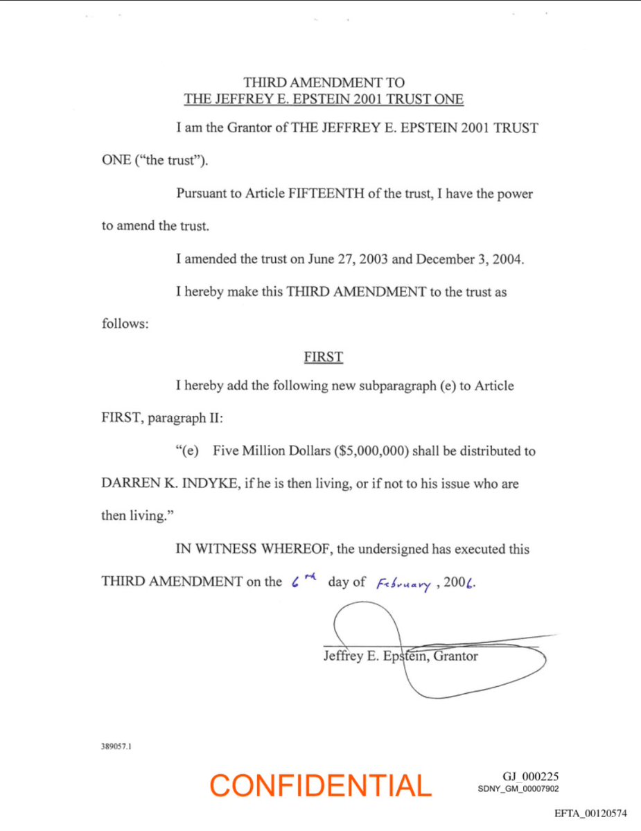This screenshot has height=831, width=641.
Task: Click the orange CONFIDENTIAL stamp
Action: pos(320,785)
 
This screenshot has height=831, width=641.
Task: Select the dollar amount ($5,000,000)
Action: pos(374,451)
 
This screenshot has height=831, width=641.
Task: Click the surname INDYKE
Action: pos(207,484)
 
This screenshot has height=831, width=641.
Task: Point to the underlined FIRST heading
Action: pos(323,358)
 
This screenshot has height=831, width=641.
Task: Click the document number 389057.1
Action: pos(116,748)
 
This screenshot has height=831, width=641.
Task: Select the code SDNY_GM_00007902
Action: pos(519,789)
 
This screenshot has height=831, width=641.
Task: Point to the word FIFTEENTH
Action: pos(323,194)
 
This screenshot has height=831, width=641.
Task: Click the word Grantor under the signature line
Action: pos(456,656)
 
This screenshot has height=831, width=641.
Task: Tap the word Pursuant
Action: pos(208,194)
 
